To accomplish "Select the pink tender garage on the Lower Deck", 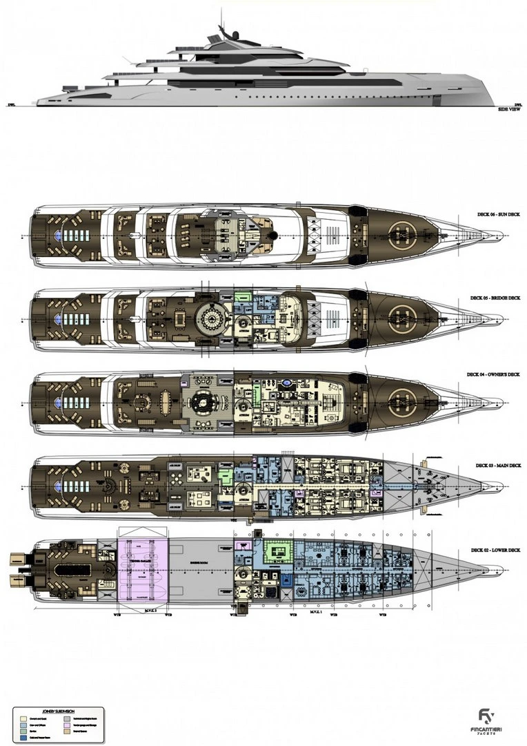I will [143, 569].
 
